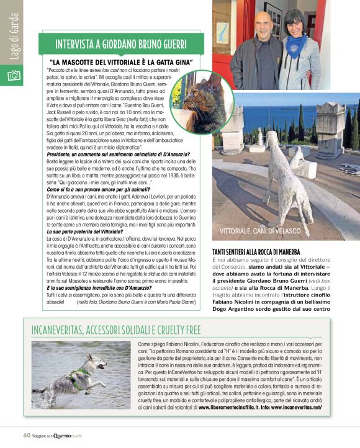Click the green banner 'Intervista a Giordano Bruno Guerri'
click(122, 45)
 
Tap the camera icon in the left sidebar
click(13, 74)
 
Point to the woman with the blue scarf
click(299, 52)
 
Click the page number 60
click(27, 435)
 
